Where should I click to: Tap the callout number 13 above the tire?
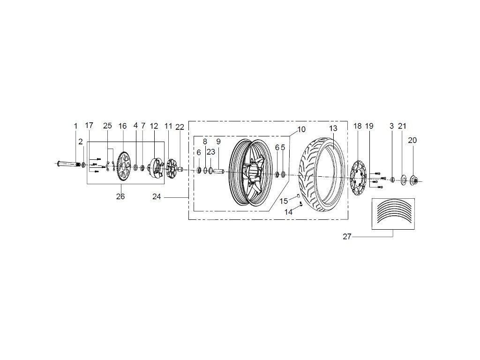click(x=333, y=128)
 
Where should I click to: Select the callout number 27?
click(x=347, y=237)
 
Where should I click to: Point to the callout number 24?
click(x=157, y=197)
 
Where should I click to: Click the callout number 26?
click(x=120, y=197)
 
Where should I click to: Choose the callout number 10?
click(x=301, y=128)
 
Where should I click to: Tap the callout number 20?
click(x=412, y=140)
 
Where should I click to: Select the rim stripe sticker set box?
click(x=393, y=214)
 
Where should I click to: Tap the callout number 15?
click(x=284, y=201)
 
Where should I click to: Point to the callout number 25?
click(x=107, y=126)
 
